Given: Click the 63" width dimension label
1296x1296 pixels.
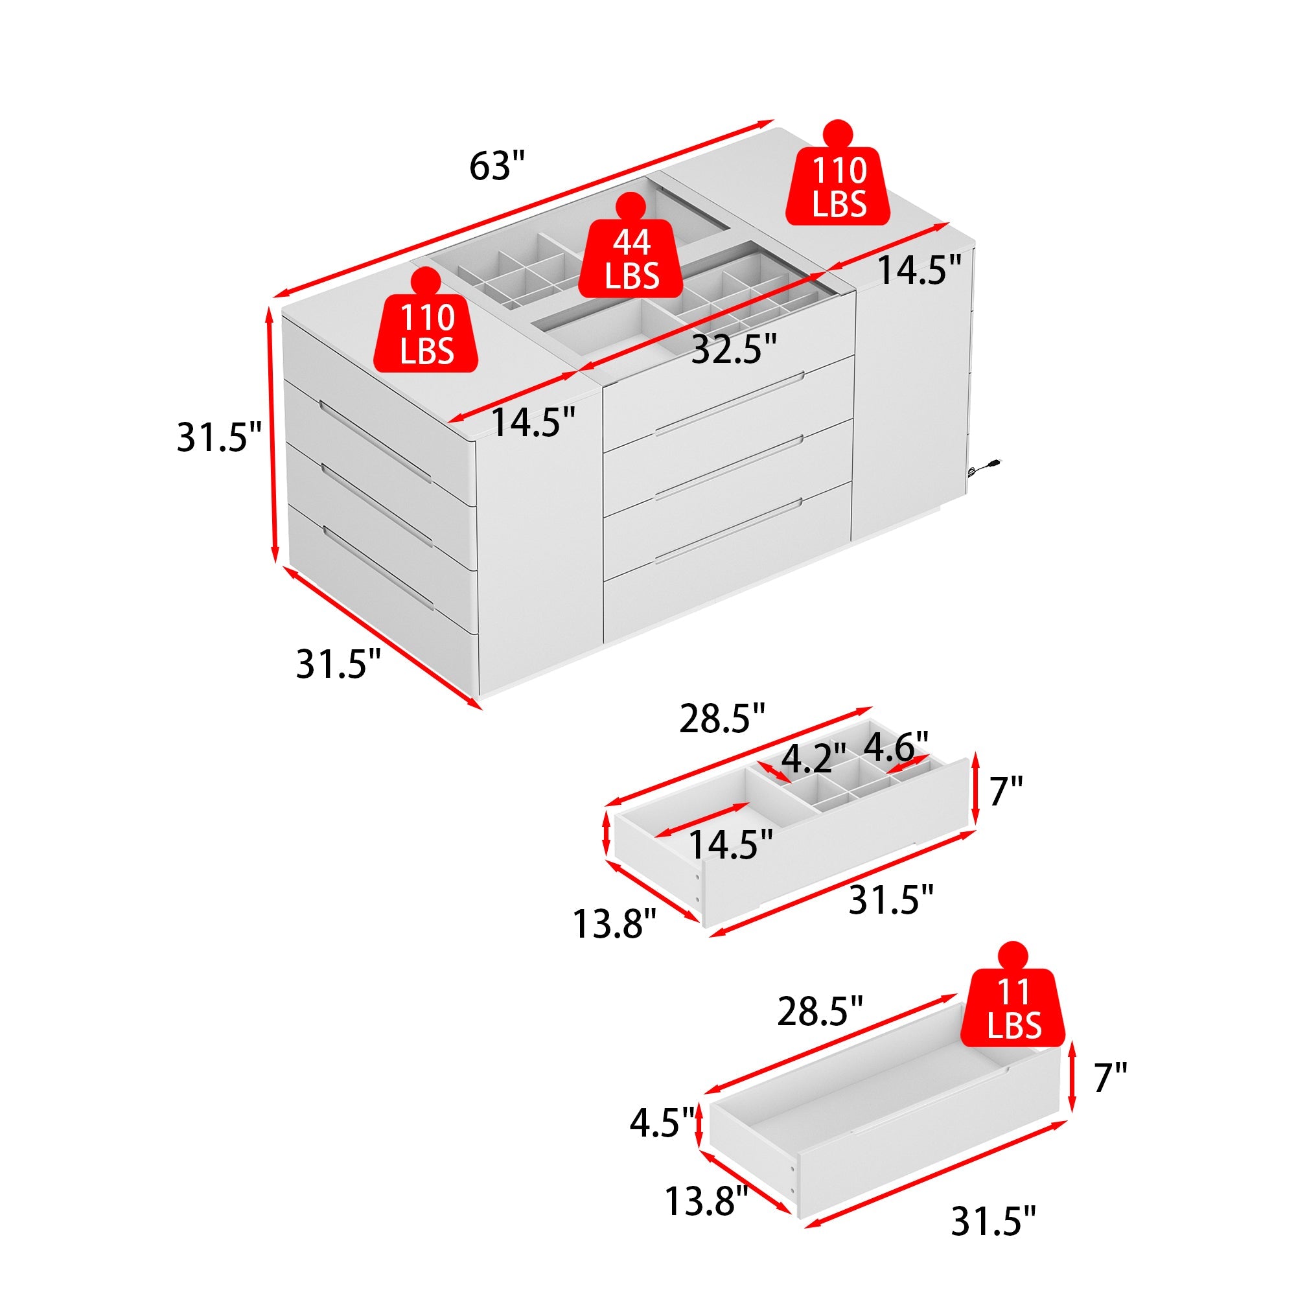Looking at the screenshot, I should pyautogui.click(x=496, y=166).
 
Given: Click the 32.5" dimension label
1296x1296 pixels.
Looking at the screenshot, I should pyautogui.click(x=734, y=349).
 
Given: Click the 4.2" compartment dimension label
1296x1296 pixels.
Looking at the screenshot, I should pyautogui.click(x=815, y=758).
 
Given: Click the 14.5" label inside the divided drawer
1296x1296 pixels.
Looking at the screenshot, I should pyautogui.click(x=730, y=844).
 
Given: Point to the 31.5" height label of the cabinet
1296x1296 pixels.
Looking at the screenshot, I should pyautogui.click(x=218, y=437).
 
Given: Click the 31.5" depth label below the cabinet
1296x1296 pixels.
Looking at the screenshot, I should pyautogui.click(x=338, y=664).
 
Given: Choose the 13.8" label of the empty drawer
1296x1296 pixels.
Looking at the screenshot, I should pyautogui.click(x=706, y=1200).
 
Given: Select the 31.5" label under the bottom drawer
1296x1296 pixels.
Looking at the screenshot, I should pyautogui.click(x=993, y=1221).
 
